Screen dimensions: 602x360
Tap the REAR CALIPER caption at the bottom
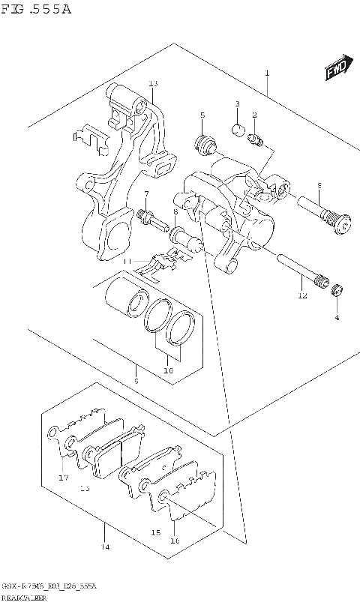pyautogui.click(x=23, y=597)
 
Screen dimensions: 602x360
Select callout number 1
pyautogui.click(x=265, y=73)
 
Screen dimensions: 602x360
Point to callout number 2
pyautogui.click(x=254, y=115)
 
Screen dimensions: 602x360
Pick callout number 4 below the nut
pyautogui.click(x=337, y=317)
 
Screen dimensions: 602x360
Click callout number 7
pyautogui.click(x=146, y=195)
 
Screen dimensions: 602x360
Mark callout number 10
pyautogui.click(x=168, y=370)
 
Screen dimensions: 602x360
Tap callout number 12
pyautogui.click(x=301, y=295)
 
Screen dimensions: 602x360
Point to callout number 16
pyautogui.click(x=175, y=540)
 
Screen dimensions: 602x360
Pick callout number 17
pyautogui.click(x=63, y=477)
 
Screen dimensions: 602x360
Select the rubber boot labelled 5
pyautogui.click(x=202, y=142)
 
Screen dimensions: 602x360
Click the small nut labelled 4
pyautogui.click(x=337, y=292)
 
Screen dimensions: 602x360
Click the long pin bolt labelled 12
pyautogui.click(x=300, y=274)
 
